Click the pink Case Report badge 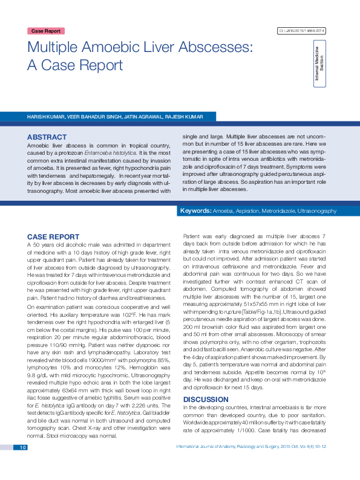46,31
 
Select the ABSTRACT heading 47,137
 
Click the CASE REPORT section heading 54,236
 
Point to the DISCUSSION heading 206,383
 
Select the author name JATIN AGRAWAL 143,116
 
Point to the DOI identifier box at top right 301,31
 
